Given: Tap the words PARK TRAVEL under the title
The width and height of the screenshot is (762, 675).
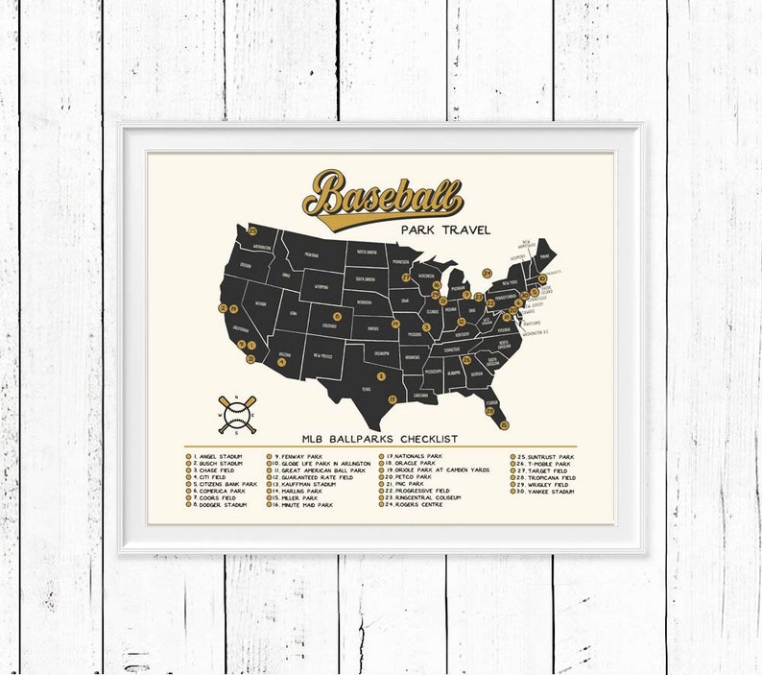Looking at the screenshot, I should tap(446, 229).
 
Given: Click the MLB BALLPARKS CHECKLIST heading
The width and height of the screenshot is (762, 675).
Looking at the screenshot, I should tap(379, 439).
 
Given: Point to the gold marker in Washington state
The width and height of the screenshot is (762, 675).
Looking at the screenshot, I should tap(252, 230).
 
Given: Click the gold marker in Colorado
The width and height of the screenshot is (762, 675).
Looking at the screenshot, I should tap(337, 316).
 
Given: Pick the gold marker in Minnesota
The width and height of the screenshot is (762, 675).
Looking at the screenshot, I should tap(406, 277).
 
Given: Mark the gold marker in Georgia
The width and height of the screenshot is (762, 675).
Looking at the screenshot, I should tap(467, 361).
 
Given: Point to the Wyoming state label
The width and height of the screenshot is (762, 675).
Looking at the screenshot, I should tap(321, 286).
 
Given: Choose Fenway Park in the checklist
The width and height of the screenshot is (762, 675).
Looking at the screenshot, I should tap(301, 456).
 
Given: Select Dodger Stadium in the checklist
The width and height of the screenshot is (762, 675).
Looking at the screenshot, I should tap(223, 504).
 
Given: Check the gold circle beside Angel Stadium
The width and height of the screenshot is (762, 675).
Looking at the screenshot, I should tap(189, 457).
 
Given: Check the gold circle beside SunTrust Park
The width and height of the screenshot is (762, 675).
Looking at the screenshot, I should tap(514, 456).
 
